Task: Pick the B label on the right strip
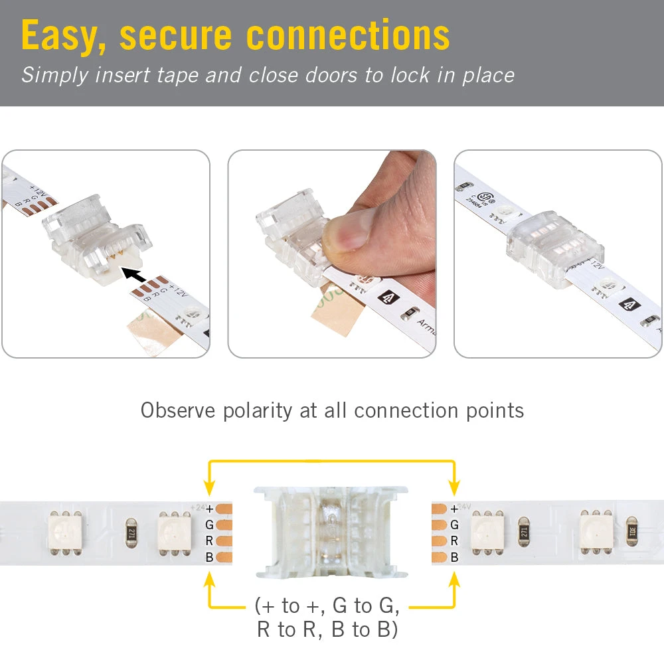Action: [454, 557]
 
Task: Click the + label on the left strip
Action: [209, 509]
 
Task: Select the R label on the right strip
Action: [454, 541]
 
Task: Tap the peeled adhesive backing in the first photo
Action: [151, 332]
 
